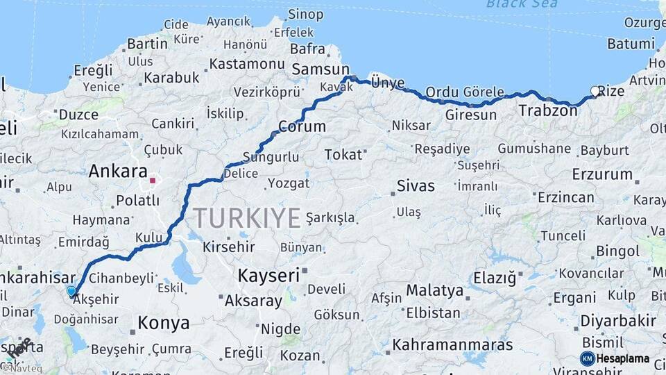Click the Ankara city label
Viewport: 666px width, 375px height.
tap(118, 171)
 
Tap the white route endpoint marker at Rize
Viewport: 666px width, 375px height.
tap(595, 91)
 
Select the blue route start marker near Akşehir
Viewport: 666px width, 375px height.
tap(71, 291)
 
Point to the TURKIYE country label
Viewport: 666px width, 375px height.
tap(247, 218)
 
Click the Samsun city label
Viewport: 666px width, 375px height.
tap(321, 69)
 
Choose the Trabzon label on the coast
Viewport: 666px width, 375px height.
tap(548, 110)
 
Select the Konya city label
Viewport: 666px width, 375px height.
tap(164, 323)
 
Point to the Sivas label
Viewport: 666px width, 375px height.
tap(416, 185)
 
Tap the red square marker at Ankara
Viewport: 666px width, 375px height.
tap(153, 181)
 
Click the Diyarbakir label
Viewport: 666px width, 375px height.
tap(617, 321)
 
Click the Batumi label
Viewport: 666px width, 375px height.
tap(631, 44)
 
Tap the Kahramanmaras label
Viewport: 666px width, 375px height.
tap(452, 344)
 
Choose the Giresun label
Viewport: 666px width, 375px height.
tap(471, 115)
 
